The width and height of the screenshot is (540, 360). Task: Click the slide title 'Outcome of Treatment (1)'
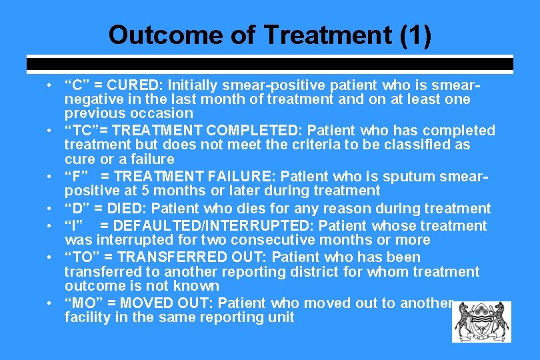click(x=270, y=35)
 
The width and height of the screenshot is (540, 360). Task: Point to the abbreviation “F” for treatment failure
click(x=75, y=176)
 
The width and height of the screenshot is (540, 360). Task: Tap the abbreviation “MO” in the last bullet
click(x=83, y=303)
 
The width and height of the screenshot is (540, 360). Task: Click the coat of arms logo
click(x=481, y=321)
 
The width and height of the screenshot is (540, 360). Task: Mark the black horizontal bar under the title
click(x=270, y=65)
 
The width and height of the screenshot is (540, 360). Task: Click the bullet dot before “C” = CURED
click(x=51, y=86)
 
